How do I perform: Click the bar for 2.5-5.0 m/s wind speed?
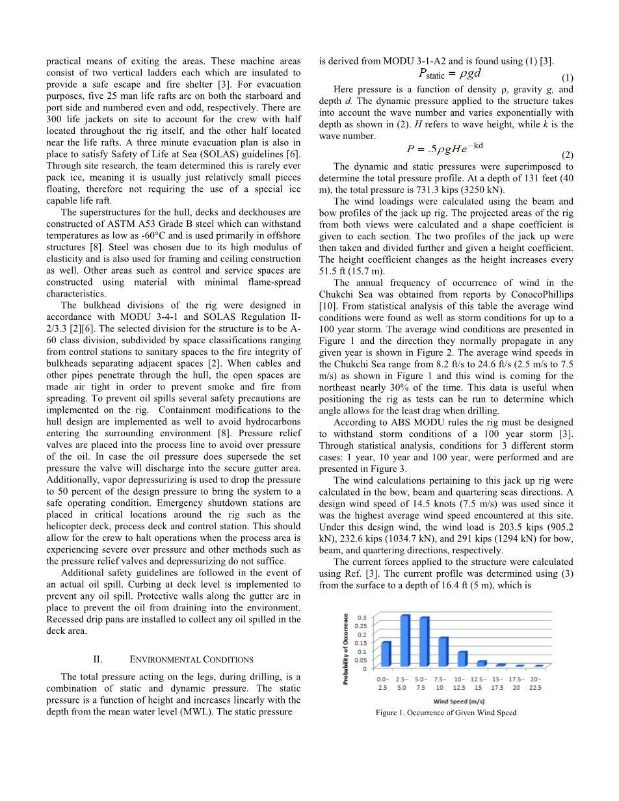click(x=404, y=640)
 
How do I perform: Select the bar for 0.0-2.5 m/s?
click(x=386, y=654)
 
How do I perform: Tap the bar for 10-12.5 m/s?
click(x=462, y=659)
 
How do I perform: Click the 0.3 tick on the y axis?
click(x=362, y=618)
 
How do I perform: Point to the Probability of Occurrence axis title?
click(x=347, y=649)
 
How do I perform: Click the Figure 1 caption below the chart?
click(x=446, y=713)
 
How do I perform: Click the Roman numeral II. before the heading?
click(x=99, y=660)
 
